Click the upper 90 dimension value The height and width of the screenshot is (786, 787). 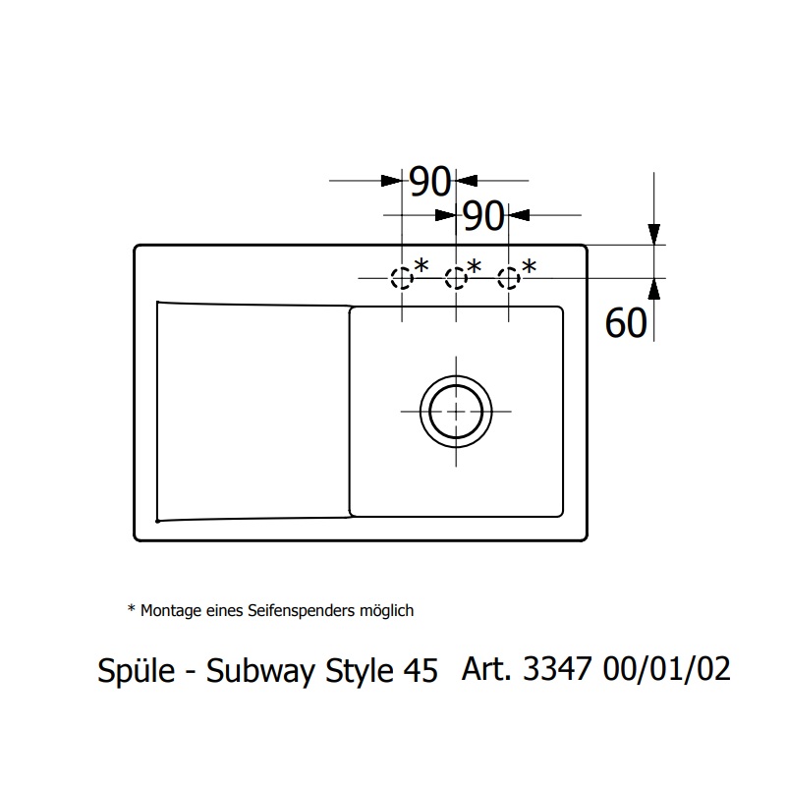(x=429, y=182)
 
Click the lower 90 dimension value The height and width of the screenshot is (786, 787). (x=482, y=216)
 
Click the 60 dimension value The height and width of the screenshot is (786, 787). (x=626, y=322)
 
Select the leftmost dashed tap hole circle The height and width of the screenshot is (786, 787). (x=402, y=279)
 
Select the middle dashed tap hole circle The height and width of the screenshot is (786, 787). (x=455, y=279)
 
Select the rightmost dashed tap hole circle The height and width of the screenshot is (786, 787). (x=508, y=279)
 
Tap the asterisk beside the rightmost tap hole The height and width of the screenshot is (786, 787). (x=529, y=266)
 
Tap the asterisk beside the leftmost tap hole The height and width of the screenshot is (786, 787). (x=422, y=266)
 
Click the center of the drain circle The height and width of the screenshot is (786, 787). (x=455, y=411)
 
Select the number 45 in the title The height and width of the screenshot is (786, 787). (x=421, y=672)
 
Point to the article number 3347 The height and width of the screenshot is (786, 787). (x=558, y=670)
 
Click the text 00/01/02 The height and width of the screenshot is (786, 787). (x=670, y=670)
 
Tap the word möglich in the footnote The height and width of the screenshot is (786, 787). (x=386, y=611)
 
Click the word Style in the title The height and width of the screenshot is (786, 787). (x=357, y=672)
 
